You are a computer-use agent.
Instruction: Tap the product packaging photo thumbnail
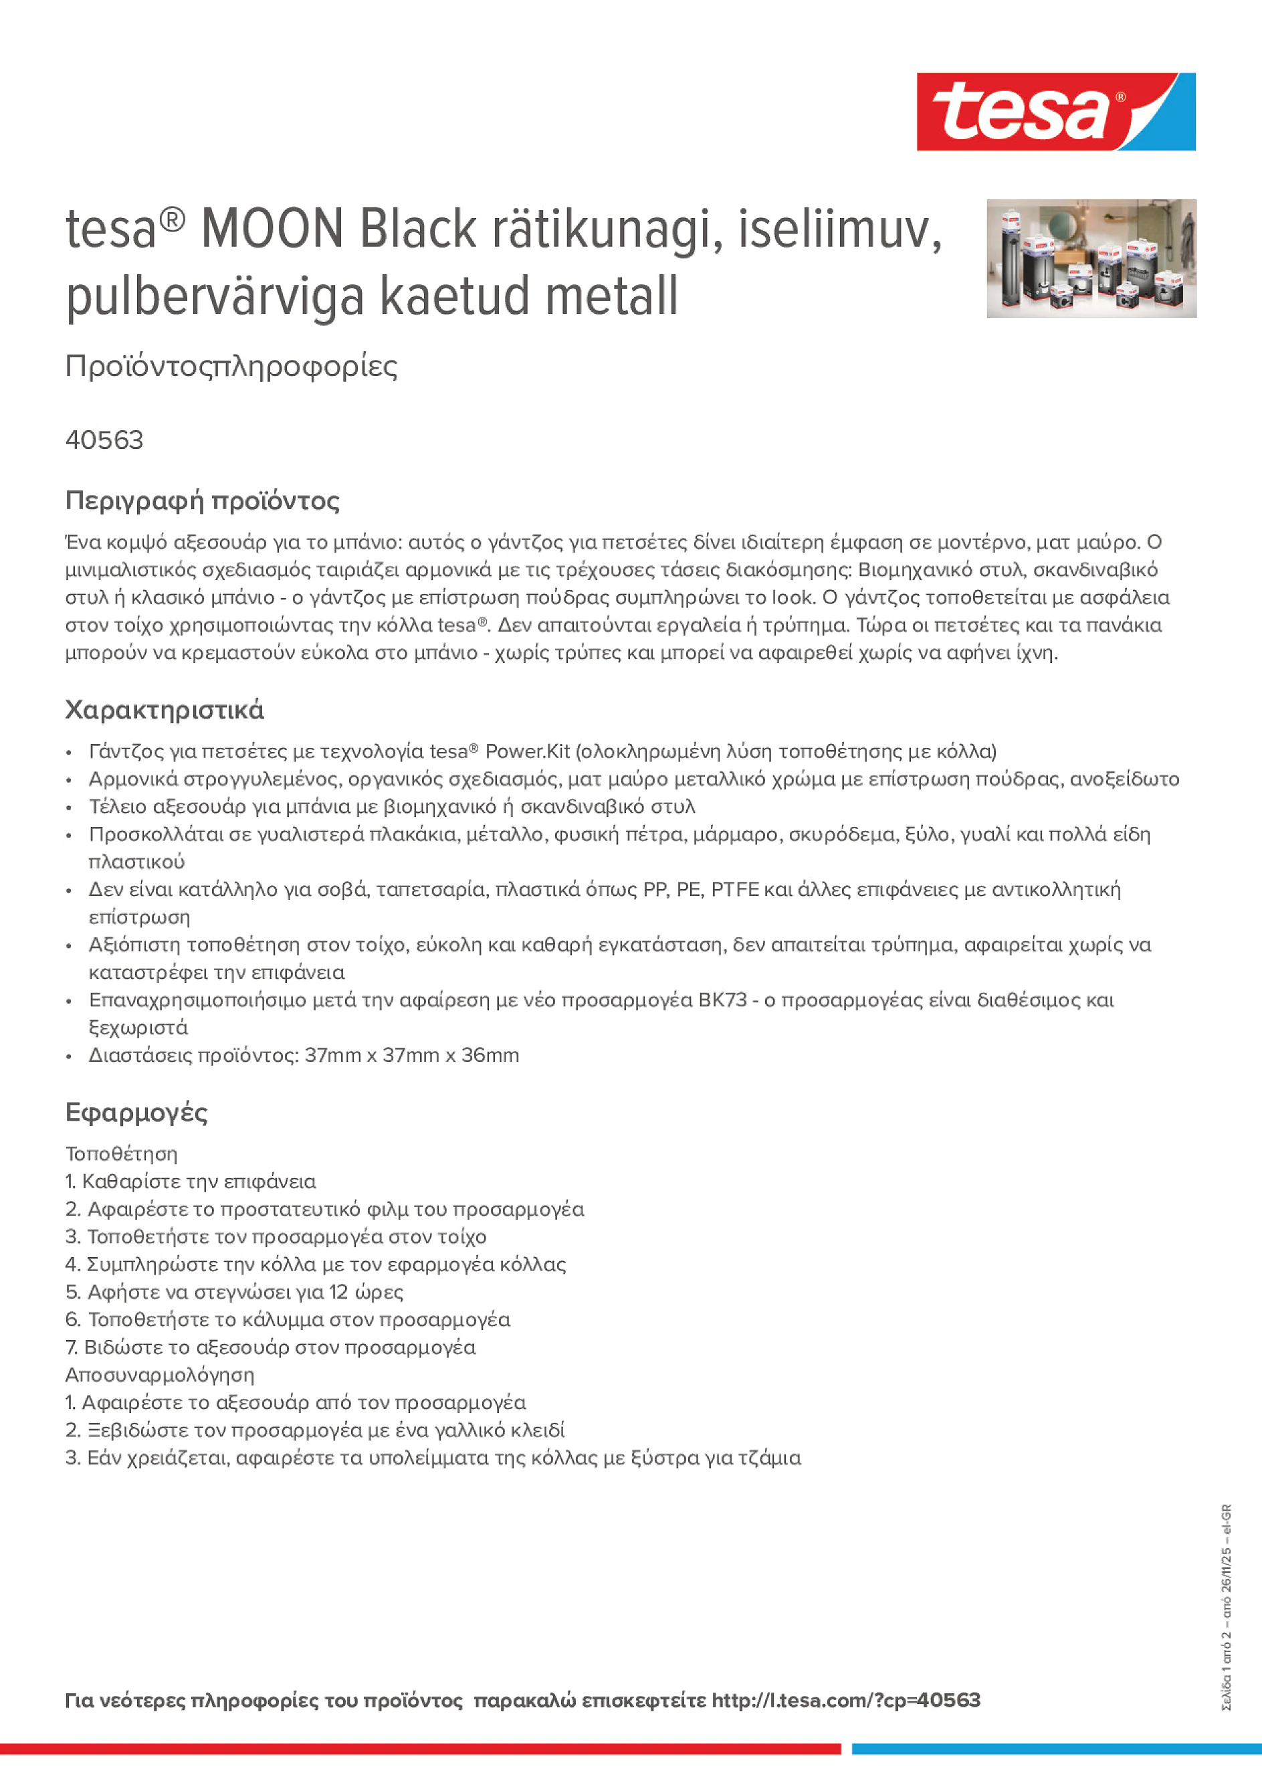click(x=1091, y=258)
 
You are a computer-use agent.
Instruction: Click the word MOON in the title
click(x=272, y=229)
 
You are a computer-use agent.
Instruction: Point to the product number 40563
click(x=104, y=440)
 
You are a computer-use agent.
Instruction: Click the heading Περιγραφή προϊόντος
click(x=202, y=500)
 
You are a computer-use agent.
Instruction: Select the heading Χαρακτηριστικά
click(x=164, y=710)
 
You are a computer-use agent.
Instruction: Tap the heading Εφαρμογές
click(x=136, y=1112)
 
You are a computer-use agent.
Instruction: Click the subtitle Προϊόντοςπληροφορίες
click(x=231, y=366)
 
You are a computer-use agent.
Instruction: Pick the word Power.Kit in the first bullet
click(x=527, y=751)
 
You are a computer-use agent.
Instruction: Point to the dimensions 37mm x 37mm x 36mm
click(x=411, y=1054)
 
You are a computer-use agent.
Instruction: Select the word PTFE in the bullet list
click(x=734, y=889)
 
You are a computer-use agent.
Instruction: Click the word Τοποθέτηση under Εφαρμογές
click(x=121, y=1153)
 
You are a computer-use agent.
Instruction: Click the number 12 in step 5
click(x=338, y=1292)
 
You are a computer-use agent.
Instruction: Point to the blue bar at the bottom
click(x=1056, y=1749)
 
